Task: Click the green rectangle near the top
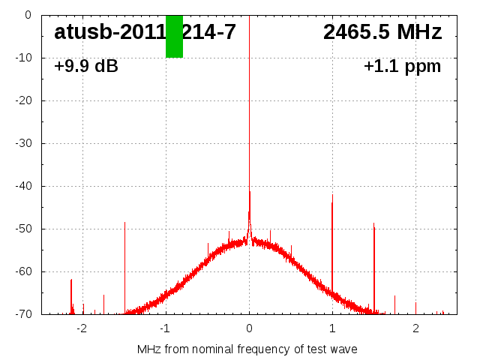[x=174, y=36]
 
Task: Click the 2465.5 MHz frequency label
[x=382, y=32]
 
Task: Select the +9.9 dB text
[x=86, y=67]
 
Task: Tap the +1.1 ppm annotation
[x=403, y=67]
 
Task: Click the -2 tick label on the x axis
[x=82, y=328]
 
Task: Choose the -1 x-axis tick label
[x=165, y=328]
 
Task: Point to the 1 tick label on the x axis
[x=332, y=328]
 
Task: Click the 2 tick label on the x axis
[x=415, y=328]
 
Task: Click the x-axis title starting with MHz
[x=247, y=349]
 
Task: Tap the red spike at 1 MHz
[x=332, y=247]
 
